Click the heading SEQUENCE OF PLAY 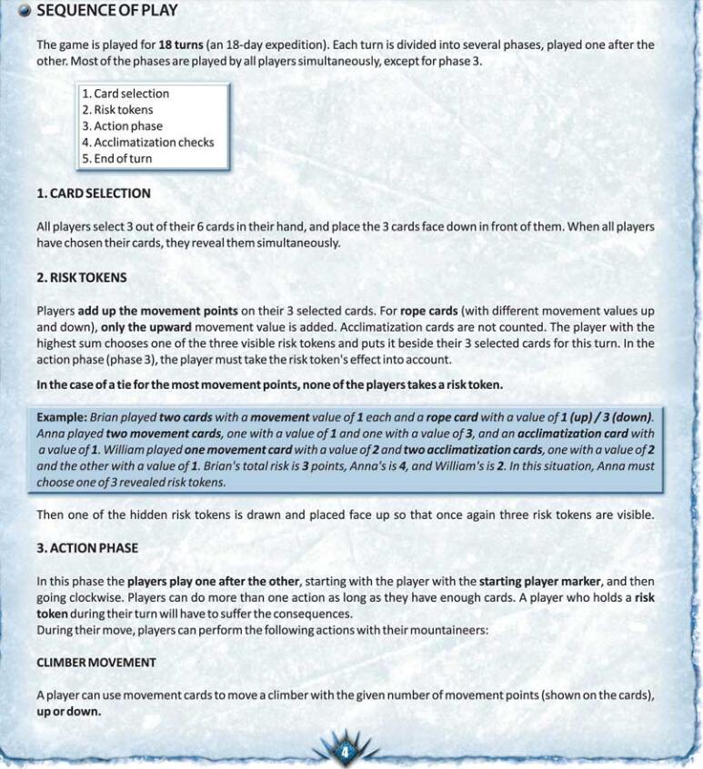point(107,11)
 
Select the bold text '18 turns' point(181,45)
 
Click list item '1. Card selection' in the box point(126,94)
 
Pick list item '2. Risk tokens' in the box point(117,110)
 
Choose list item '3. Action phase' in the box point(122,126)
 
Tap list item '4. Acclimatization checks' point(148,143)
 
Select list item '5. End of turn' point(117,159)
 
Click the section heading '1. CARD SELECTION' point(94,194)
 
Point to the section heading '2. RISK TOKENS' point(82,277)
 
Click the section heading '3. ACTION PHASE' point(87,548)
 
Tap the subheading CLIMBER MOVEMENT point(96,663)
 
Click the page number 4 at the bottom point(345,752)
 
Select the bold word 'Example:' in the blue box point(62,416)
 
